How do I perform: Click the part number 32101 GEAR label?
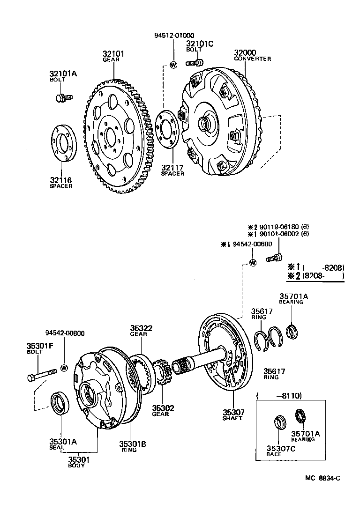click(113, 57)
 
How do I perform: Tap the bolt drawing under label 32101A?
click(64, 97)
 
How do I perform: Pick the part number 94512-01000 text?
click(174, 36)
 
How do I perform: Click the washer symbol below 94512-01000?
click(173, 65)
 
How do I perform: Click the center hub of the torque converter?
click(206, 123)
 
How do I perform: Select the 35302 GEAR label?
click(163, 411)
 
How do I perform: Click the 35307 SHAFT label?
click(233, 414)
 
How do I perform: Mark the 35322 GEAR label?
click(142, 331)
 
